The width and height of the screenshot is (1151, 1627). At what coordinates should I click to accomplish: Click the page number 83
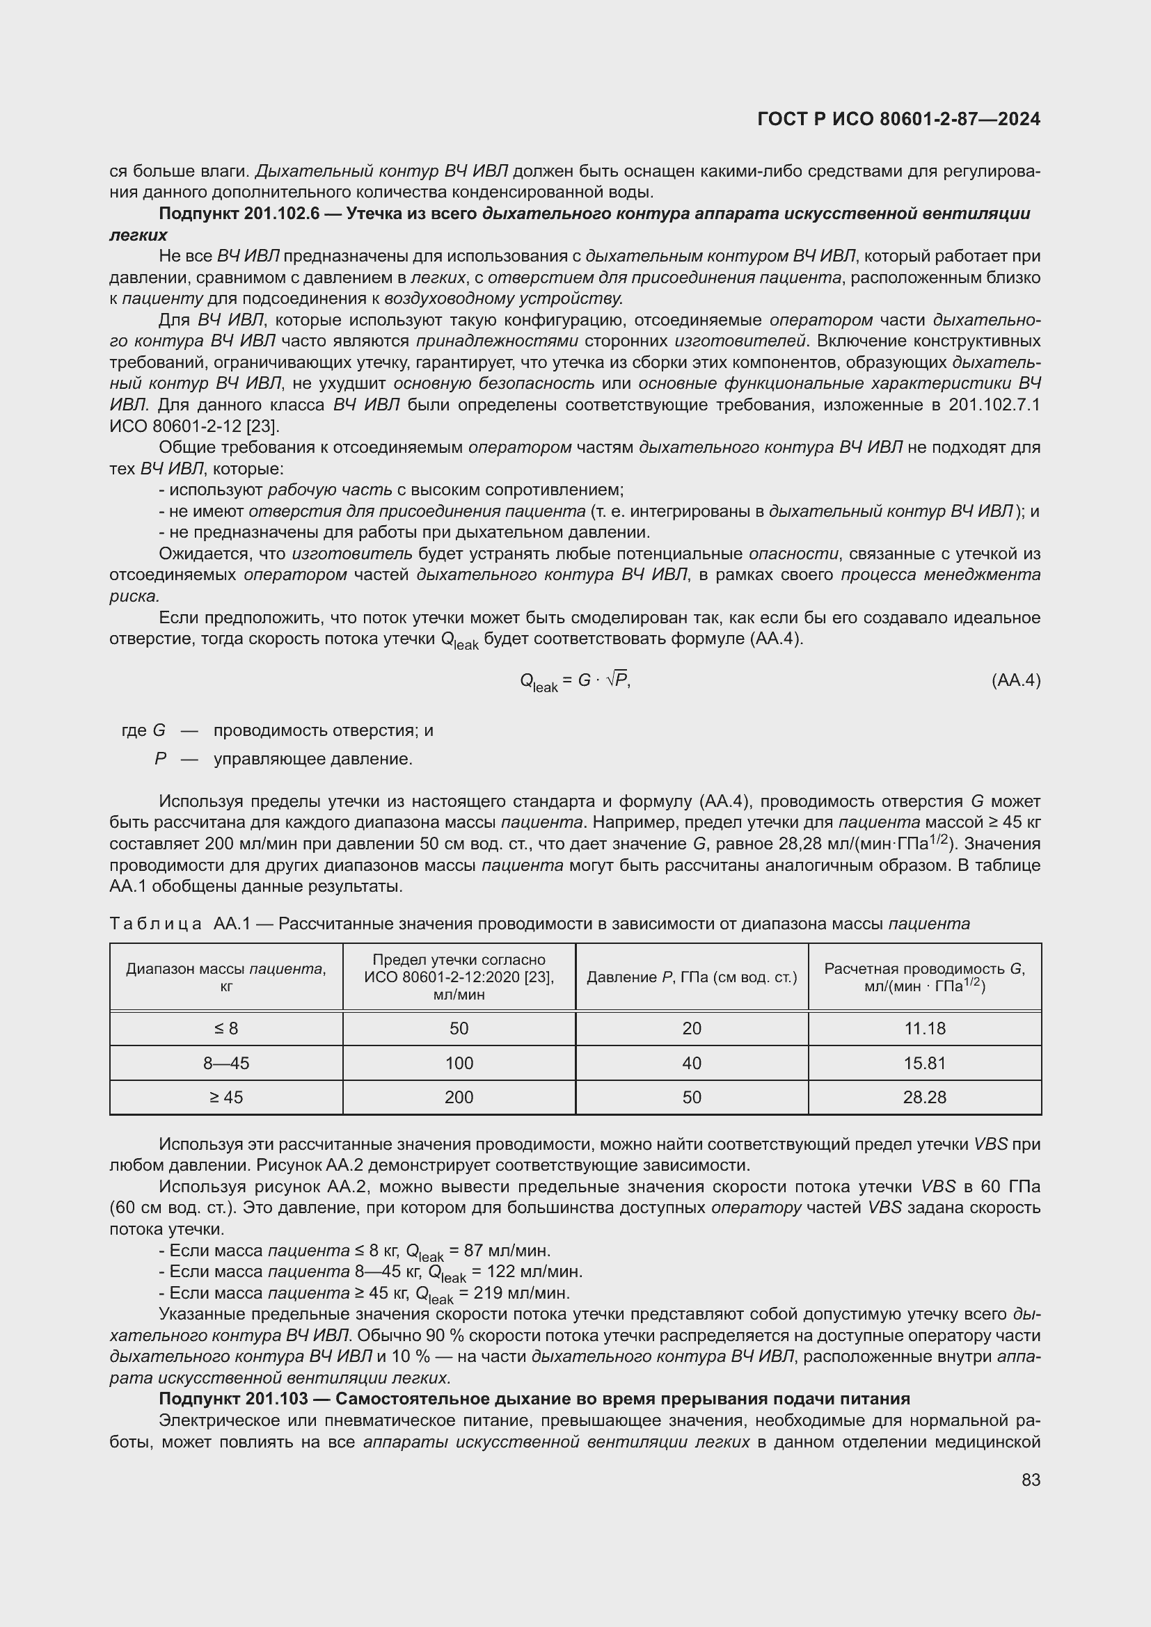click(1031, 1480)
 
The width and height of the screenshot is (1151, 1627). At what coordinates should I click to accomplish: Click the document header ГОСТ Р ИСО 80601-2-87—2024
click(898, 119)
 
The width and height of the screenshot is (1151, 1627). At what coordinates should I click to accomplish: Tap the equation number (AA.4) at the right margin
click(1015, 680)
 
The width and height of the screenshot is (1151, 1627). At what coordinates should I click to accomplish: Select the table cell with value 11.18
click(924, 1028)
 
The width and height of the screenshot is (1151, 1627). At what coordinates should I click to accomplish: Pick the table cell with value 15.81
click(924, 1063)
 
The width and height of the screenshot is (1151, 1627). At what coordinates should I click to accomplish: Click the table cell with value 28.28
click(924, 1097)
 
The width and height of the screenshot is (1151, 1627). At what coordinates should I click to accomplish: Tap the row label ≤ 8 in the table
click(226, 1028)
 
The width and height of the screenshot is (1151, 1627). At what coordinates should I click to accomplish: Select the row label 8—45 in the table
click(226, 1063)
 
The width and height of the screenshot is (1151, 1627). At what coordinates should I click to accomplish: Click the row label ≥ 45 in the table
click(226, 1097)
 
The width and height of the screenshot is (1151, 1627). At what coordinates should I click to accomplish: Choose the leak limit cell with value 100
click(459, 1063)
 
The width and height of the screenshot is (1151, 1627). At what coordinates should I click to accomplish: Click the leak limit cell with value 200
click(459, 1097)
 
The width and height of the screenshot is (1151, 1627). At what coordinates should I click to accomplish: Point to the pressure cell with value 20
click(692, 1028)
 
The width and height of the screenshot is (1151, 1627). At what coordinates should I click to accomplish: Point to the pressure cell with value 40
click(692, 1063)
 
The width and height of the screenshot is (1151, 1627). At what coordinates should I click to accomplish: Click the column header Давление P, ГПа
click(692, 977)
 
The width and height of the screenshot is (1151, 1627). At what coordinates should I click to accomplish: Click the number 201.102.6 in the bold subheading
click(281, 214)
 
